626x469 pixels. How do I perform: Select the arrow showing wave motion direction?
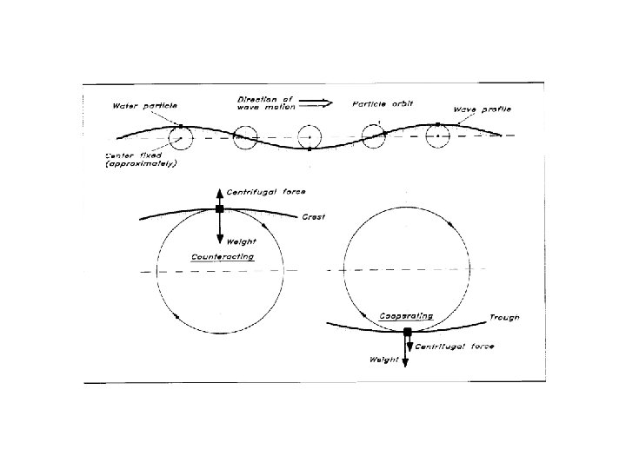318,102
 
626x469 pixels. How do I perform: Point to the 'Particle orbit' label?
383,103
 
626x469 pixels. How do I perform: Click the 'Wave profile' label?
483,109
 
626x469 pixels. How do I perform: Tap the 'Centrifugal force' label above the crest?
265,190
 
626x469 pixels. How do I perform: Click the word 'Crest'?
313,216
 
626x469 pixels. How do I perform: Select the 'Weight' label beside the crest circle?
240,241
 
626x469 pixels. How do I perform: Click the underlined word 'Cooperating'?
407,316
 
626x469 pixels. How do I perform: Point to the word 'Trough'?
504,317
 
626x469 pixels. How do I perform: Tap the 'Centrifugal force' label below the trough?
454,347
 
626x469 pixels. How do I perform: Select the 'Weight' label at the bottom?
383,359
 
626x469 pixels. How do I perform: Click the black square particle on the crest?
219,209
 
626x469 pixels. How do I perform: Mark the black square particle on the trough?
407,331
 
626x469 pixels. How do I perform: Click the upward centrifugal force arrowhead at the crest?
219,190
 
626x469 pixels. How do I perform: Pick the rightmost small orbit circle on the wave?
439,135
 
